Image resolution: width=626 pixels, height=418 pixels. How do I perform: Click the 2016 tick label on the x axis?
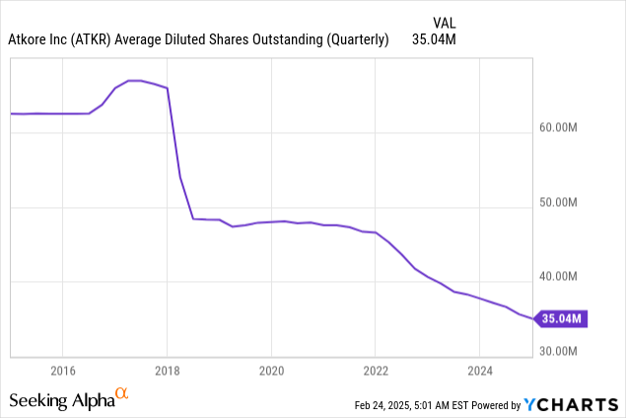(x=62, y=371)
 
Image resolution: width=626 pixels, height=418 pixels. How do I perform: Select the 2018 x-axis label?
(x=167, y=371)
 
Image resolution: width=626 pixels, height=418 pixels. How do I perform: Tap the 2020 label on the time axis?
(x=271, y=371)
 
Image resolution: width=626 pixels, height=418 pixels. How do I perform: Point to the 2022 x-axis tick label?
(x=376, y=371)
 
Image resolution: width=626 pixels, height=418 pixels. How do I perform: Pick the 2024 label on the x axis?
(x=479, y=371)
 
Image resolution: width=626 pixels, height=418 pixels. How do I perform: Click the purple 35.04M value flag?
(x=562, y=318)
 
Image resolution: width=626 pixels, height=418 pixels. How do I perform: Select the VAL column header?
(x=446, y=21)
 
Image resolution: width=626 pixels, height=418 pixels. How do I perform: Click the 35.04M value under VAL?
(x=435, y=39)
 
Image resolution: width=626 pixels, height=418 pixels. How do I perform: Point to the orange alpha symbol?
(x=122, y=394)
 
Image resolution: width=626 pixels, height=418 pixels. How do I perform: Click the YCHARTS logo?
(x=572, y=404)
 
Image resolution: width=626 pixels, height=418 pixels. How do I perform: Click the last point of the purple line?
(x=533, y=318)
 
